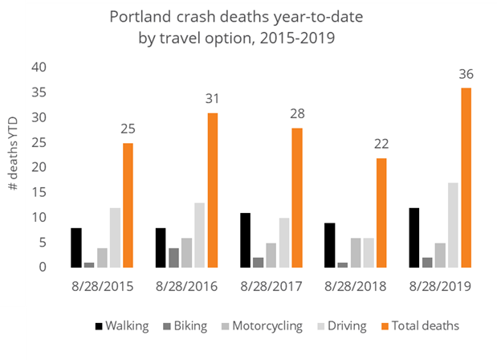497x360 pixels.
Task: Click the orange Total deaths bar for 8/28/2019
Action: (x=466, y=178)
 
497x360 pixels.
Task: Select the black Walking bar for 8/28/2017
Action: (x=246, y=240)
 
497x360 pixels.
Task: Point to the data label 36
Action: (x=466, y=74)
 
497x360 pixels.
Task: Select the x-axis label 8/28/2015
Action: (x=102, y=286)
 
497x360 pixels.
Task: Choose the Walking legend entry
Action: (x=121, y=325)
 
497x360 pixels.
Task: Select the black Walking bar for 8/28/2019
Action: (x=415, y=238)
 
